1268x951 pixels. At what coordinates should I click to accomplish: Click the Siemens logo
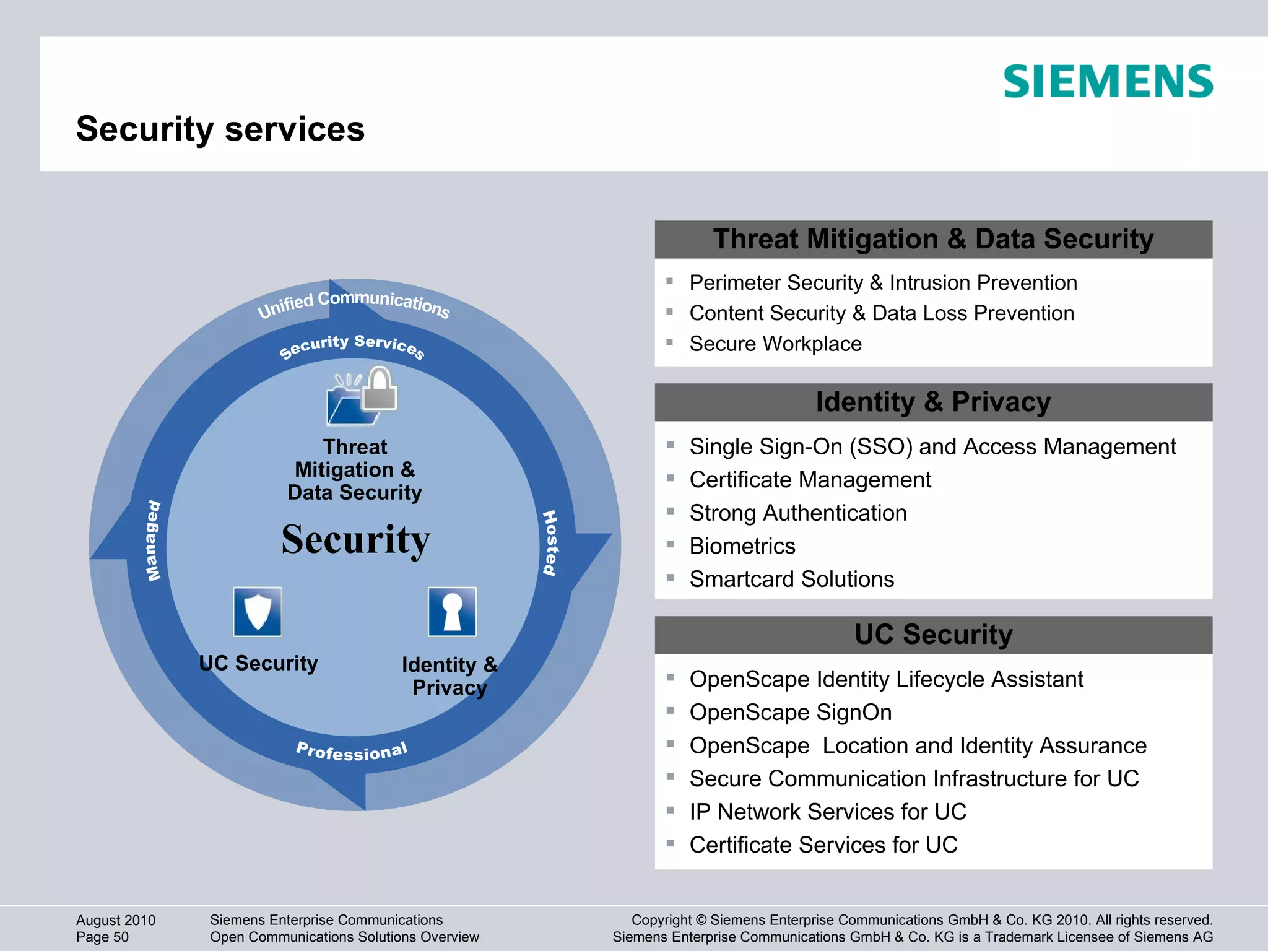(1108, 82)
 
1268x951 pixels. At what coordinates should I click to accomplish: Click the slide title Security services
(220, 129)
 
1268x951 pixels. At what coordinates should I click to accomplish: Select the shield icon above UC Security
(258, 612)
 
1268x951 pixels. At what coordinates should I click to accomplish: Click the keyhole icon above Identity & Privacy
(452, 612)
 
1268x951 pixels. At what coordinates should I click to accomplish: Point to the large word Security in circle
(355, 540)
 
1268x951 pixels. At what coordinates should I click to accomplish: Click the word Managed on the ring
(153, 541)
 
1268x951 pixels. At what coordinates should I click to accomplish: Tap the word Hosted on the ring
(550, 543)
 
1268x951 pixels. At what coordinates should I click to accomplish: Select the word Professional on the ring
(352, 751)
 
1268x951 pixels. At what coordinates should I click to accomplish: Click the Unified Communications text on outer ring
(354, 303)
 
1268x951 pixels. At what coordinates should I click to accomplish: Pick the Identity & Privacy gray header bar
(933, 402)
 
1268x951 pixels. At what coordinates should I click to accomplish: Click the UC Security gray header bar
(933, 635)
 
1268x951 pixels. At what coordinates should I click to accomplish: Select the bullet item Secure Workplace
(775, 344)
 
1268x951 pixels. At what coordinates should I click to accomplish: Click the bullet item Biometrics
(742, 546)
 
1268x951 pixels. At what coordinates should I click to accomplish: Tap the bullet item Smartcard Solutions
(792, 580)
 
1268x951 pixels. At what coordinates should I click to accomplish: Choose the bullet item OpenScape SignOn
(791, 713)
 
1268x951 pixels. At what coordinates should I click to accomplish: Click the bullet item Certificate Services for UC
(823, 845)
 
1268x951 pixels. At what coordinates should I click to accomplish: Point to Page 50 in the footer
(102, 937)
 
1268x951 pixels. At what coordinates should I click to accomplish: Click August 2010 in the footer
(116, 920)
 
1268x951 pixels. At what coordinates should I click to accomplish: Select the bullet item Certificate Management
(810, 480)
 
